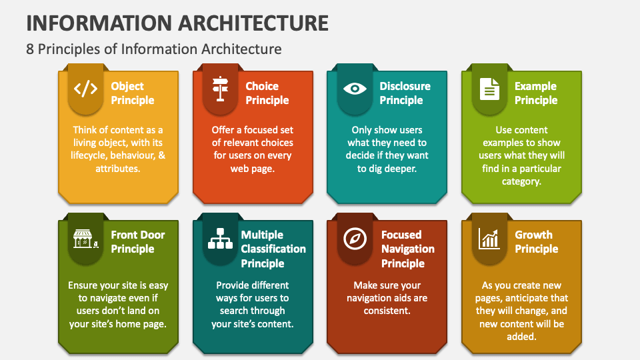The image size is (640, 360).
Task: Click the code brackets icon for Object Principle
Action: [x=85, y=89]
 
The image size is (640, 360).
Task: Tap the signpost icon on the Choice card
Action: [x=220, y=89]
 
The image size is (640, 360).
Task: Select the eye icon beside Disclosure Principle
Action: [x=354, y=89]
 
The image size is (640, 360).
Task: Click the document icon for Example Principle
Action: [x=489, y=89]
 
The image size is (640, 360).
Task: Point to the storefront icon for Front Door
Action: [x=85, y=238]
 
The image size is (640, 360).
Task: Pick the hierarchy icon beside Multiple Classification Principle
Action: [x=220, y=238]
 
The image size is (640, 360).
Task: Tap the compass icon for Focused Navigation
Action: [x=354, y=238]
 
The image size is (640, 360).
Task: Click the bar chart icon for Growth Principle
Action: [x=489, y=238]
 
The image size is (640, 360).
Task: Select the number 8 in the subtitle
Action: [x=31, y=49]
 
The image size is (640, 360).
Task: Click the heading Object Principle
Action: [x=132, y=93]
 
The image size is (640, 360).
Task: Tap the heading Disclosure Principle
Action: [x=405, y=93]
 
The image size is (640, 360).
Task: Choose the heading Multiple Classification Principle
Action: [x=273, y=249]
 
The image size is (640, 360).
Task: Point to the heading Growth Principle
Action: [x=536, y=242]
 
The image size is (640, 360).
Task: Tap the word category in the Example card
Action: [x=522, y=181]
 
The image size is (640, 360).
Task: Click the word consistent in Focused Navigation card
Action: [x=387, y=311]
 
